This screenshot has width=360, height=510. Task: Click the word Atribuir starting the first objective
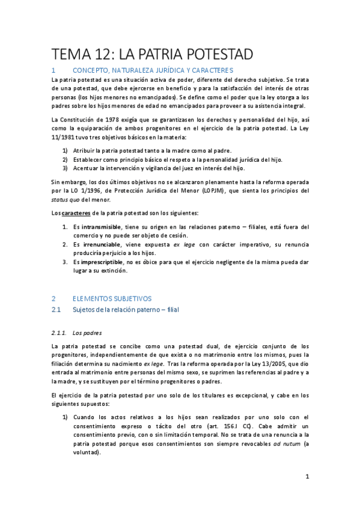coord(85,150)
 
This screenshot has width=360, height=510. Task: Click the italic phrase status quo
coord(67,200)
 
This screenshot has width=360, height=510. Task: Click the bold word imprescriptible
coord(102,263)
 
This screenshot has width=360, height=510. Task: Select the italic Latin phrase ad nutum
coord(287,443)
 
